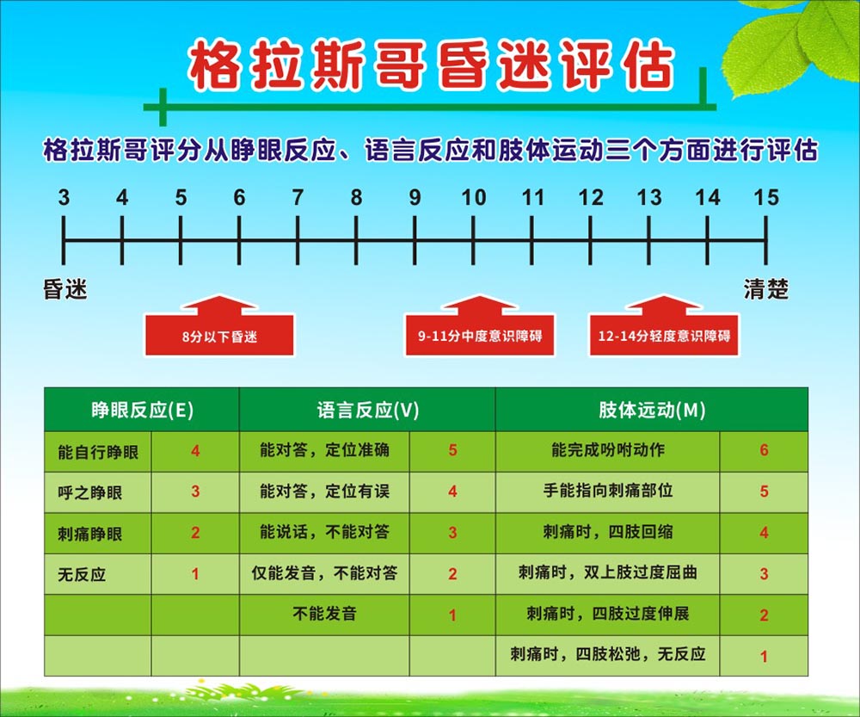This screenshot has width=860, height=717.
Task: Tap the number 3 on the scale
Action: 64,198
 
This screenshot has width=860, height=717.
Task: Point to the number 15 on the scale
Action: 765,198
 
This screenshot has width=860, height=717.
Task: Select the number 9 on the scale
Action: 415,198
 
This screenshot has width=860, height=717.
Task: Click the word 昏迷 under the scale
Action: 65,289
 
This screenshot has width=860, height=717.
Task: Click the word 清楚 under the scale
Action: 765,289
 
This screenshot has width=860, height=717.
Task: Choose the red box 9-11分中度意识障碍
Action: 480,334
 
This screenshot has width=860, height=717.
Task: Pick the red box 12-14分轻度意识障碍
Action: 664,334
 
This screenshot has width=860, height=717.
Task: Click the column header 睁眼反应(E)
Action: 142,410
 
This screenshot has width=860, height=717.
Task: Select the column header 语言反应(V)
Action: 367,410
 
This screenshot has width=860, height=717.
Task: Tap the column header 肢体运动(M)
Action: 652,410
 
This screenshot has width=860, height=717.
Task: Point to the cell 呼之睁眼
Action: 89,492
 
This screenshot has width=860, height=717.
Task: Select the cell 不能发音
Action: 324,614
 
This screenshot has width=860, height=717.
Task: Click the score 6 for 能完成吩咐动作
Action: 764,450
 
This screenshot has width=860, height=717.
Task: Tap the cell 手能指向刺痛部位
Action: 608,491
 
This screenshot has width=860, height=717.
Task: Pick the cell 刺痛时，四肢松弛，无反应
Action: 608,654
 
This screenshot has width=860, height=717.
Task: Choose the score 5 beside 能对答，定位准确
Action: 452,450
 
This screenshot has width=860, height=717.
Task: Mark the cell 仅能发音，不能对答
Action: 324,572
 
